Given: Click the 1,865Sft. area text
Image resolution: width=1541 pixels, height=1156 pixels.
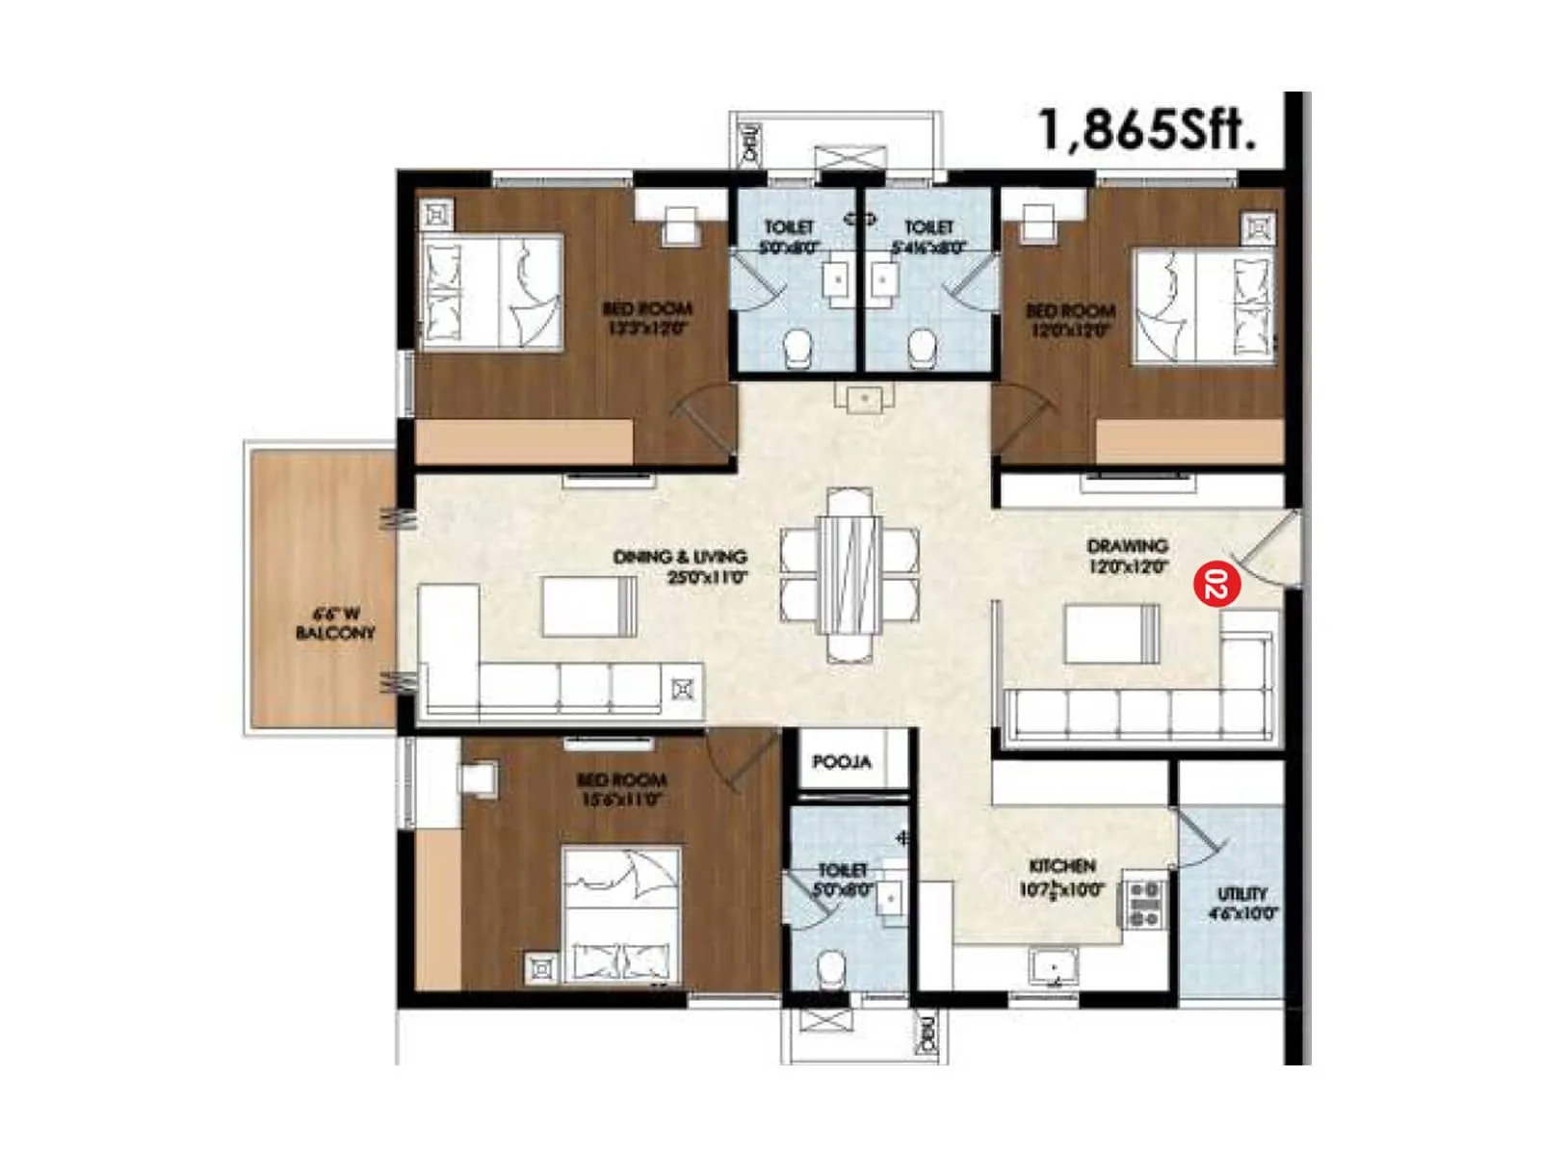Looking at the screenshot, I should tap(1146, 129).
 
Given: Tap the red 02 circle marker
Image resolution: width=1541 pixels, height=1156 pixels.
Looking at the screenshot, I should tap(1216, 584).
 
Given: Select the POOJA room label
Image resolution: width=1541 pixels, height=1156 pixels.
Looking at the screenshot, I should tap(841, 761).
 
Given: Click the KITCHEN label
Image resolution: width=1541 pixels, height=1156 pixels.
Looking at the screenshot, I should tap(1061, 866).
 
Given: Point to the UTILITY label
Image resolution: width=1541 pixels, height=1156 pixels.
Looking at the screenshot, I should tap(1241, 893).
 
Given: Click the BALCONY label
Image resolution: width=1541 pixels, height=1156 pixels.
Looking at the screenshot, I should tap(334, 633).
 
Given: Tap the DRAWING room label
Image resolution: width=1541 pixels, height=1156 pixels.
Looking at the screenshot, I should tap(1127, 546).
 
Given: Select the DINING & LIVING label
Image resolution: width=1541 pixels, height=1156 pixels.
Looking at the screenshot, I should tap(680, 557).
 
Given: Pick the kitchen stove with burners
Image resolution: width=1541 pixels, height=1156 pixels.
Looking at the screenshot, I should tap(1144, 904).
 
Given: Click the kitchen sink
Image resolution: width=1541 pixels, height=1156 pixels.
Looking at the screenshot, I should tap(1054, 965).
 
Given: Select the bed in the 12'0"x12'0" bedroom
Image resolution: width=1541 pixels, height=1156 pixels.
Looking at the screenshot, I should tap(1203, 306).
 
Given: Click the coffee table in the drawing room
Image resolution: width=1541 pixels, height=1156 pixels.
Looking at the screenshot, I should tap(1111, 633).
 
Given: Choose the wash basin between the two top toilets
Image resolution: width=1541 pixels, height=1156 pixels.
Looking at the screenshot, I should tap(864, 397).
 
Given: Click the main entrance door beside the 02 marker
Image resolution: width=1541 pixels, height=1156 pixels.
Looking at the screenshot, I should tap(1271, 549).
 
